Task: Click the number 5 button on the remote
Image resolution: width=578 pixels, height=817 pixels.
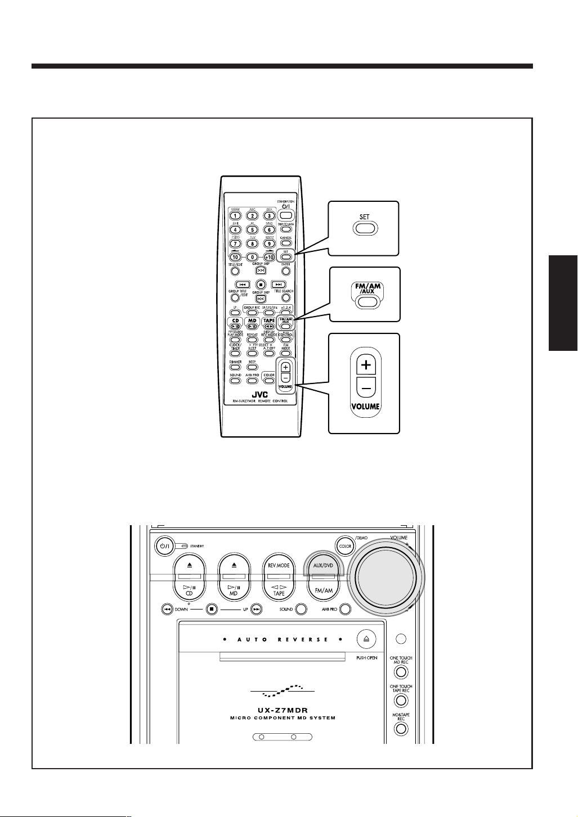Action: pyautogui.click(x=252, y=229)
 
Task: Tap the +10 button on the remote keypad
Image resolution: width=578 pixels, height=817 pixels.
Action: pyautogui.click(x=269, y=257)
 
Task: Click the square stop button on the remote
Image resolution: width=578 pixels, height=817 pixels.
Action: pyautogui.click(x=260, y=284)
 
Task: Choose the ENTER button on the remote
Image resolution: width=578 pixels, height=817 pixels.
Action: pyautogui.click(x=286, y=271)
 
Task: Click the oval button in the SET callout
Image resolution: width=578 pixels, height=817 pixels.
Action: pyautogui.click(x=365, y=228)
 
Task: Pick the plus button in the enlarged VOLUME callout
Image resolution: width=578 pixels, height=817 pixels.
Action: pyautogui.click(x=366, y=365)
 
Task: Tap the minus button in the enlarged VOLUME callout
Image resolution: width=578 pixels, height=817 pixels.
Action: pyautogui.click(x=366, y=387)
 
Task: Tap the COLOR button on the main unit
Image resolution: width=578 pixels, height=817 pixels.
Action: pyautogui.click(x=345, y=545)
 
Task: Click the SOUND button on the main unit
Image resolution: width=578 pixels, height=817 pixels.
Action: pyautogui.click(x=301, y=609)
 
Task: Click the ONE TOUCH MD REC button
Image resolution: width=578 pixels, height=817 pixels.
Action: pyautogui.click(x=401, y=671)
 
